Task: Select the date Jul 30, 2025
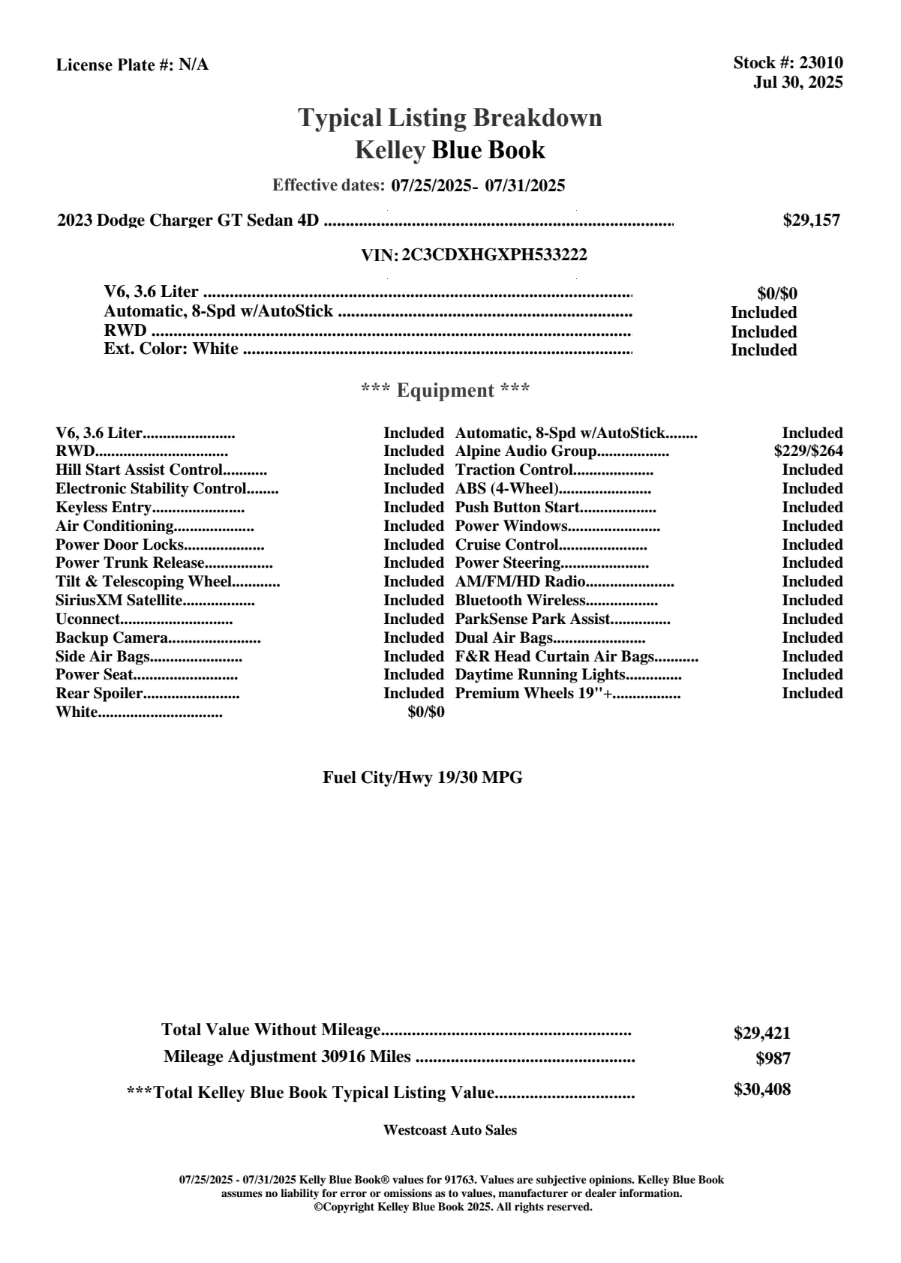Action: [797, 82]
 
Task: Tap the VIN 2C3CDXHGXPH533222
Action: [494, 255]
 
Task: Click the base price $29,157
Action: [811, 220]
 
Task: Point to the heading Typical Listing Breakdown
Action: [450, 118]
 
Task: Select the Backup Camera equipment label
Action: [112, 638]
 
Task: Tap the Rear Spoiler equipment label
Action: [99, 694]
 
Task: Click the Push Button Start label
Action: [518, 508]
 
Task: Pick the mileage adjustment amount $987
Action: [773, 1060]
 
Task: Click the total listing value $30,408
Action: [761, 1090]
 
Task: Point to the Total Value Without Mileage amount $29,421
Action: [761, 1033]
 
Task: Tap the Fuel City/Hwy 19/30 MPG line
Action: [422, 778]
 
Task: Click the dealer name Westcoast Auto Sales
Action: [449, 1130]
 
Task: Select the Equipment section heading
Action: [446, 391]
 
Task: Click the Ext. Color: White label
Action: [171, 349]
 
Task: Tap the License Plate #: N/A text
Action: [133, 65]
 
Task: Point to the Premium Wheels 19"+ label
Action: [533, 694]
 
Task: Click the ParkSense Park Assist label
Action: [533, 619]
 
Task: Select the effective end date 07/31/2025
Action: [525, 185]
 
